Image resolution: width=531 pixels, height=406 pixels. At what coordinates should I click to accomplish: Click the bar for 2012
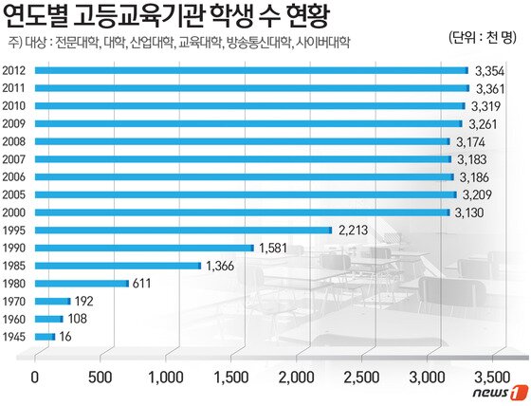pos(251,70)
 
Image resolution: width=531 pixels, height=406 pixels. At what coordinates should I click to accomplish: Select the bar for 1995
pos(183,230)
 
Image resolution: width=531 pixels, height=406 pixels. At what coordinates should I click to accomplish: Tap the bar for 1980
pos(82,283)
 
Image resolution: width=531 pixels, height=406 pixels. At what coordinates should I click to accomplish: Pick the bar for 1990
pos(144,248)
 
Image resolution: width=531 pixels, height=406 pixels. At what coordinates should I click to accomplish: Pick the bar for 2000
pos(242,212)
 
